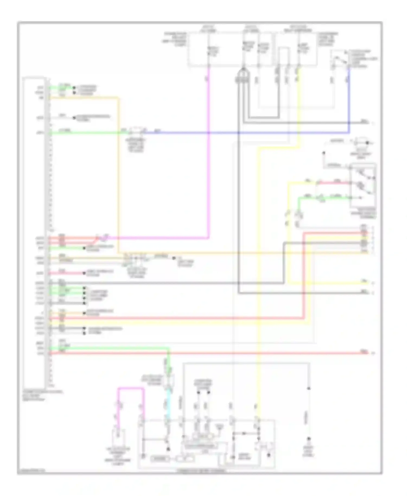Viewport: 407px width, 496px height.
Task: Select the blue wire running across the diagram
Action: pos(244,133)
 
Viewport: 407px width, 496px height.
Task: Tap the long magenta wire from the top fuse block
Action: pos(208,163)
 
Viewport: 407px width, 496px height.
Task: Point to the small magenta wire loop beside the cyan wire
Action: pos(130,389)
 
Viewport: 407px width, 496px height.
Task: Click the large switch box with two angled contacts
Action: pos(363,185)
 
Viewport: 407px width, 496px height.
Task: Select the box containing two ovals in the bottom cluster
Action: pos(202,436)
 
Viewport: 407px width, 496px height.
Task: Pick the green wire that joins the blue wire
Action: pos(87,133)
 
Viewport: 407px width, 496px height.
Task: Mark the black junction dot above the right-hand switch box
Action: pos(324,153)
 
